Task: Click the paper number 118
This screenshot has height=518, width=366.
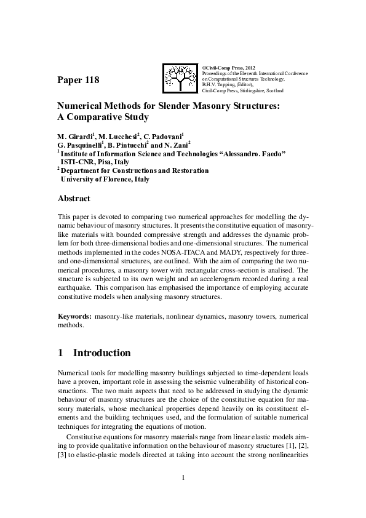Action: point(78,80)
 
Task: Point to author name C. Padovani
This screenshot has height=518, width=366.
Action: point(166,136)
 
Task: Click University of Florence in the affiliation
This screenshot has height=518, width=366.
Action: point(105,180)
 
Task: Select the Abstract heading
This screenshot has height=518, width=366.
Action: point(74,199)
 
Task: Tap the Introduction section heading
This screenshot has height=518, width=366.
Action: point(101,354)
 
